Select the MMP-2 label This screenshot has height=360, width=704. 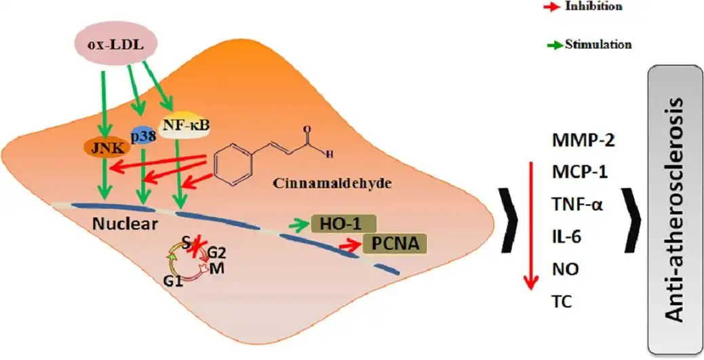(x=576, y=141)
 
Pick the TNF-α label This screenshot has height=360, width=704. (x=576, y=204)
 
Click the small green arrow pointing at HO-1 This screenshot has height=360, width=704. (x=298, y=224)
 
